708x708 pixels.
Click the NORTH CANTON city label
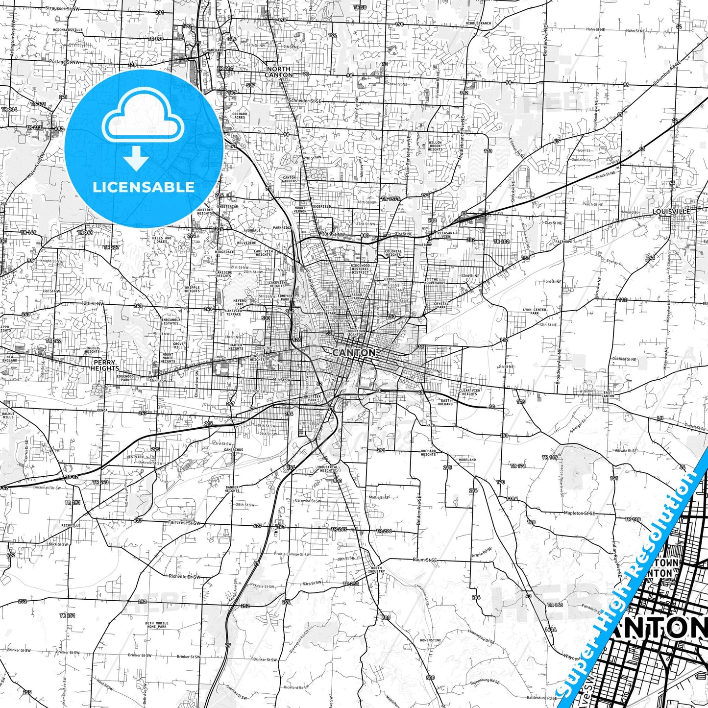[279, 72]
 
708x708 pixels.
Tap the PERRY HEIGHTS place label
[104, 365]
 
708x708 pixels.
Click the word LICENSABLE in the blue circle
[144, 187]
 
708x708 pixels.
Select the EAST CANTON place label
[608, 394]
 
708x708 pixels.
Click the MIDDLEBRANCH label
[478, 23]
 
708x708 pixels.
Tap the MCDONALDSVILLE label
[68, 30]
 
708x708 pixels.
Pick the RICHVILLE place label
[71, 525]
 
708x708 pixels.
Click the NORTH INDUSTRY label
[376, 570]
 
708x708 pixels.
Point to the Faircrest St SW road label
[184, 523]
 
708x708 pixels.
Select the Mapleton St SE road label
[579, 513]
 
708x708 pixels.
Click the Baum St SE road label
[424, 560]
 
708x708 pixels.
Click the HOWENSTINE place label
[430, 640]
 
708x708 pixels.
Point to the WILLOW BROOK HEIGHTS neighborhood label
[435, 146]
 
